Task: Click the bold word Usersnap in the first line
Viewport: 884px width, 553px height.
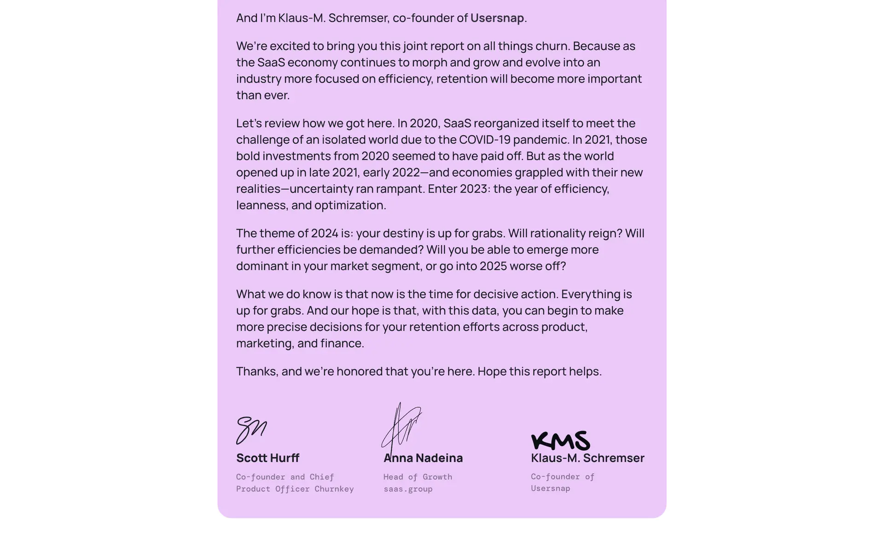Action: (x=497, y=18)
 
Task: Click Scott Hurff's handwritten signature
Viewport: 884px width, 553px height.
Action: (x=251, y=429)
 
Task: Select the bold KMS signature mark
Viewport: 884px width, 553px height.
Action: (x=560, y=441)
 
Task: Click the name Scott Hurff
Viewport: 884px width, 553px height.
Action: (x=268, y=458)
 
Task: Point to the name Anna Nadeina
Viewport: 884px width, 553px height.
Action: (x=423, y=458)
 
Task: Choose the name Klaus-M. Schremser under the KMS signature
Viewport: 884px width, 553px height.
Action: (x=587, y=458)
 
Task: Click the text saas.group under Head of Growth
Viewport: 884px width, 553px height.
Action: (x=408, y=489)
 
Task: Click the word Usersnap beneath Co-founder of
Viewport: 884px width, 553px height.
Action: (x=550, y=488)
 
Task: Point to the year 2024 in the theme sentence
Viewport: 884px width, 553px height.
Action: (x=325, y=234)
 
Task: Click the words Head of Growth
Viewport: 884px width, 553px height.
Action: (x=418, y=477)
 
